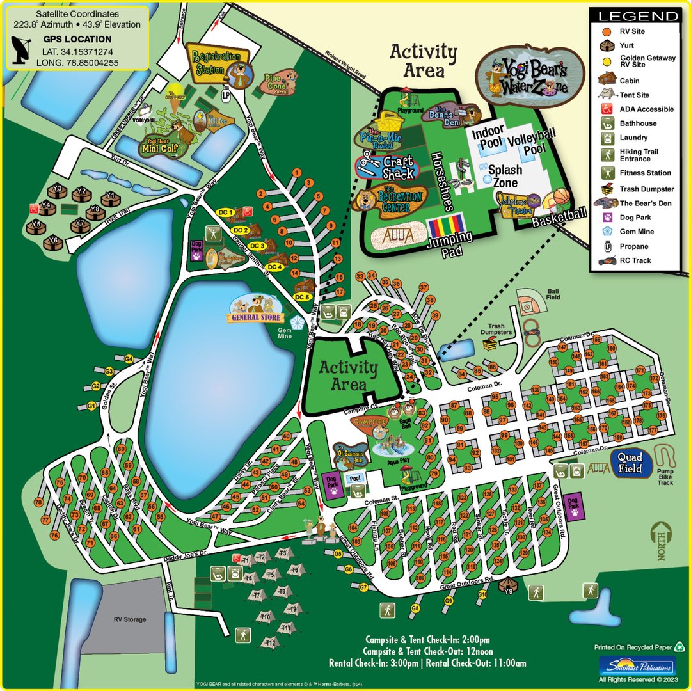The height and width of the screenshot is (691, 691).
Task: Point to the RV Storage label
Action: pyautogui.click(x=130, y=619)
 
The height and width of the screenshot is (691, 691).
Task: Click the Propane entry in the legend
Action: pyautogui.click(x=633, y=246)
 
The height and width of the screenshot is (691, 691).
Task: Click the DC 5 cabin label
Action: pyautogui.click(x=302, y=297)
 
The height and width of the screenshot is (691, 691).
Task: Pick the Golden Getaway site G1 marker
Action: pyautogui.click(x=91, y=406)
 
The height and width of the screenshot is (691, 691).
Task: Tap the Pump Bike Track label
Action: pyautogui.click(x=665, y=479)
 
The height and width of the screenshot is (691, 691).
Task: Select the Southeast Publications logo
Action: pyautogui.click(x=636, y=665)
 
